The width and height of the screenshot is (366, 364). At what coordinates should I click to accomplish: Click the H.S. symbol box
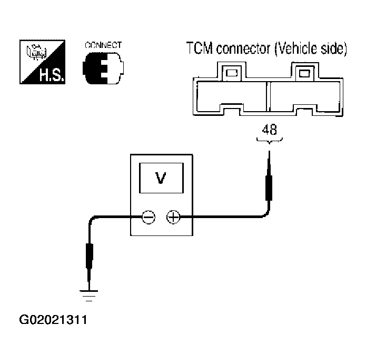[42, 62]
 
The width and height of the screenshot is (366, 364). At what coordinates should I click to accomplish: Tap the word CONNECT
[103, 45]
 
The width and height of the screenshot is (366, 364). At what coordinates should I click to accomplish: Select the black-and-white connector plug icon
[103, 68]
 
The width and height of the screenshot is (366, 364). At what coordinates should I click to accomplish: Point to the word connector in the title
[243, 48]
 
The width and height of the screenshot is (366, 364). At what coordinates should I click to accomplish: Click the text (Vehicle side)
[311, 49]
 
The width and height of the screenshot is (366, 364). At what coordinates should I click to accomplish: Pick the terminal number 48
[269, 130]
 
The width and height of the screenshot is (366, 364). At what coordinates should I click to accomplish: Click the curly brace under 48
[269, 141]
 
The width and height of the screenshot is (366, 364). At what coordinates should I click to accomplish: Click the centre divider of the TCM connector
[268, 96]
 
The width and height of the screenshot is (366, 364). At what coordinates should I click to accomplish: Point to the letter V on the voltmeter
[161, 178]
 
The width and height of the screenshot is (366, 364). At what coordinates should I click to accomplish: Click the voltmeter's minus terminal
[149, 217]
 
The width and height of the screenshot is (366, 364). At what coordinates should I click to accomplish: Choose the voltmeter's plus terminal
[173, 217]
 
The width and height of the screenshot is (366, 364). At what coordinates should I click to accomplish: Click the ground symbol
[88, 296]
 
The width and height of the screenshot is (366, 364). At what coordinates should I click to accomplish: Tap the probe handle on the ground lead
[90, 256]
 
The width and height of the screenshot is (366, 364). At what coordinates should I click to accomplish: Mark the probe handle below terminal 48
[269, 188]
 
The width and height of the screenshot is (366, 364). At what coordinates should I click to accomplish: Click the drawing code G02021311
[53, 320]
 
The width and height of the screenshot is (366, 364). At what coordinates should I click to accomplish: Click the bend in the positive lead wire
[266, 214]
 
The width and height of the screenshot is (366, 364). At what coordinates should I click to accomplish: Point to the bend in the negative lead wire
[92, 219]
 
